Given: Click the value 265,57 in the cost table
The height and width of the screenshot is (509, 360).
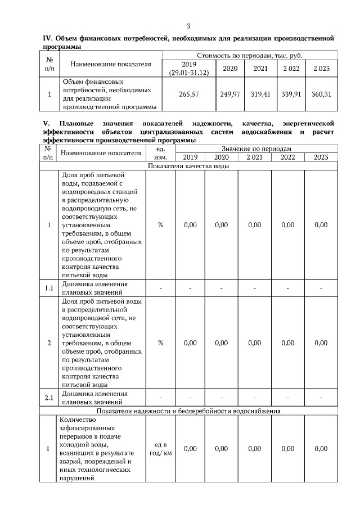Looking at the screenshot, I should click(188, 94).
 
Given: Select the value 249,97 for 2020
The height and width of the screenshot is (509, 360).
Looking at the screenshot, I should click(229, 94).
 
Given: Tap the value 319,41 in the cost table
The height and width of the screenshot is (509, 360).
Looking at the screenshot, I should click(260, 94).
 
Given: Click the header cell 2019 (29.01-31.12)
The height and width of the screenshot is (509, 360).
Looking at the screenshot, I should click(188, 69).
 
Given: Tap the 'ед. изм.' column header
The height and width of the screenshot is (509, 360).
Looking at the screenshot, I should click(160, 152).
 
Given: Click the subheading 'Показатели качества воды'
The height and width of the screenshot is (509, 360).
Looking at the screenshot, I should click(188, 166).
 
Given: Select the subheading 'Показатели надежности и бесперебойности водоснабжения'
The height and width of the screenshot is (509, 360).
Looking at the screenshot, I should click(188, 411).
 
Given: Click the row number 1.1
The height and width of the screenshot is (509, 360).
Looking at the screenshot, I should click(49, 289).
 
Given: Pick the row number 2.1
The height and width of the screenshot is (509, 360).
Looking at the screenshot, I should click(49, 398).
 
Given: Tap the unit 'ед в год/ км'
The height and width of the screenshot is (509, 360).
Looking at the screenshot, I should click(160, 449).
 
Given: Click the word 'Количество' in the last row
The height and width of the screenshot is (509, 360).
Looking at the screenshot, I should click(77, 420).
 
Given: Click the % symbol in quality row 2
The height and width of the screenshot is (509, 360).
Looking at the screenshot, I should click(160, 343).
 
